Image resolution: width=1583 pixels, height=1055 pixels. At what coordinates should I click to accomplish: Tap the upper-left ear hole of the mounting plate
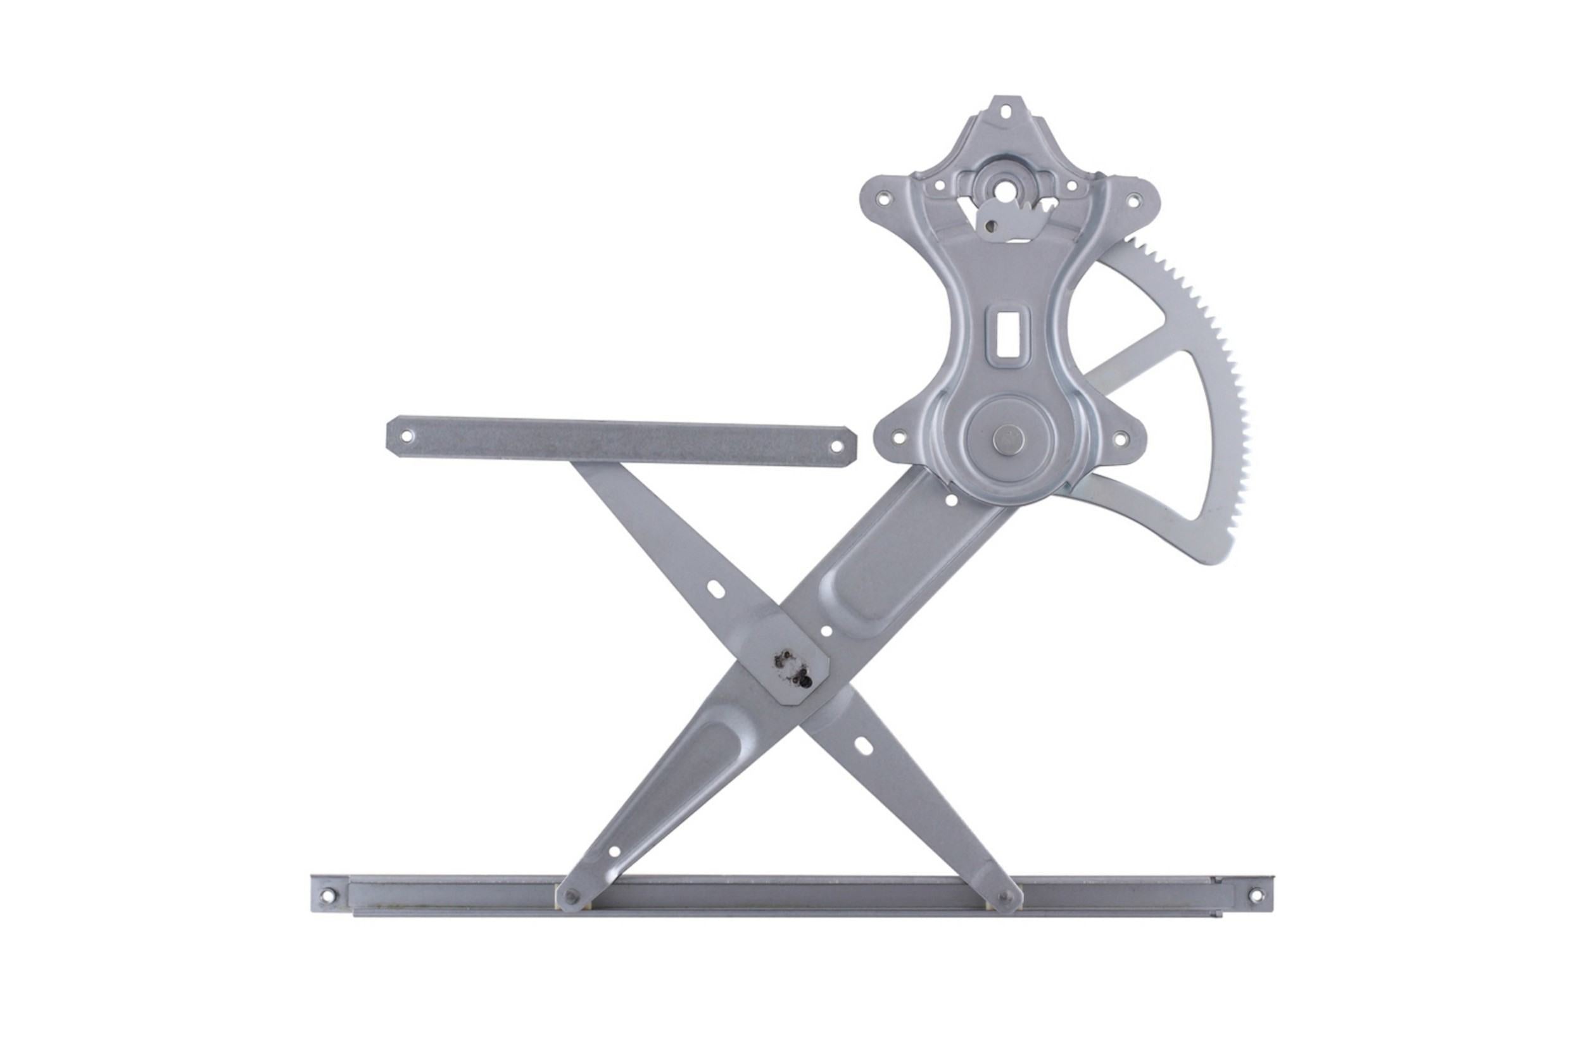pyautogui.click(x=885, y=198)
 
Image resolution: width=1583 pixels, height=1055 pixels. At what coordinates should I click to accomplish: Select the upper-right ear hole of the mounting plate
pyautogui.click(x=1133, y=199)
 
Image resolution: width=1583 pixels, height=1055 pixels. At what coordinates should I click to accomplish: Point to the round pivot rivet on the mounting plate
pyautogui.click(x=1008, y=439)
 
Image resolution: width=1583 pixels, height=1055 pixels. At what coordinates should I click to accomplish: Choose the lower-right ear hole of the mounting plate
pyautogui.click(x=1120, y=439)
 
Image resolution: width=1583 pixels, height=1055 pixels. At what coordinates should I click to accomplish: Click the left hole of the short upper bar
pyautogui.click(x=406, y=435)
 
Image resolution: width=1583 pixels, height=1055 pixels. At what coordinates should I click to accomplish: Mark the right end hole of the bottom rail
pyautogui.click(x=1256, y=895)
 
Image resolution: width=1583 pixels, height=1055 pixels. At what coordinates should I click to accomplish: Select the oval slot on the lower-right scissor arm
pyautogui.click(x=864, y=747)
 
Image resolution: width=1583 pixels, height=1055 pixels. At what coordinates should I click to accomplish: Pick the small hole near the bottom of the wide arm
pyautogui.click(x=613, y=851)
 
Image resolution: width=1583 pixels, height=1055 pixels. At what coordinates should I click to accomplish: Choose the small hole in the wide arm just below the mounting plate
pyautogui.click(x=952, y=500)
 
